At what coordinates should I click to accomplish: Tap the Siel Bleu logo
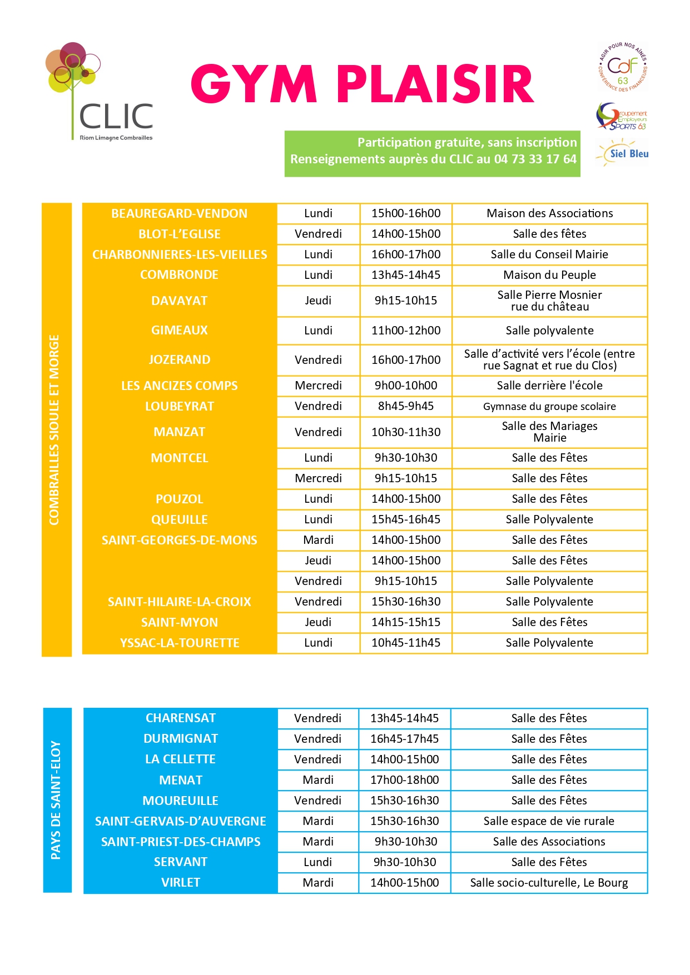click(x=622, y=153)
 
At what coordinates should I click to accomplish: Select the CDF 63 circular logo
click(x=623, y=67)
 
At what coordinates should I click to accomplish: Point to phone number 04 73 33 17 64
click(x=535, y=159)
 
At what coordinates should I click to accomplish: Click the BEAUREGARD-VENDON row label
click(x=179, y=213)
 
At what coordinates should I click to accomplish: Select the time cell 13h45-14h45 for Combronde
click(x=406, y=275)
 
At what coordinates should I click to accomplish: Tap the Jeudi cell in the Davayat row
click(x=318, y=301)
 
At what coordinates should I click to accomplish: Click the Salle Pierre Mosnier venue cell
click(x=549, y=301)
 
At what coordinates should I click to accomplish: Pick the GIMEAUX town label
click(x=179, y=331)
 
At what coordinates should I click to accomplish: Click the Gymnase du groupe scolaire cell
click(x=549, y=406)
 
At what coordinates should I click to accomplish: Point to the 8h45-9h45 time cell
click(x=406, y=406)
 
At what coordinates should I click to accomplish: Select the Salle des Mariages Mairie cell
click(x=549, y=432)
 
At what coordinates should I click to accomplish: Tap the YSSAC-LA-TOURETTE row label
click(x=179, y=643)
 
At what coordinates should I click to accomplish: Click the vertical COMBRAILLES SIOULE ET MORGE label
click(x=54, y=429)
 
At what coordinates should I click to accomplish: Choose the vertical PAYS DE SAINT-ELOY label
click(x=56, y=800)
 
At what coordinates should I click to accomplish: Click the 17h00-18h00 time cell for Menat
click(x=405, y=780)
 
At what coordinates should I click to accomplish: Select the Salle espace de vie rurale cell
click(x=549, y=821)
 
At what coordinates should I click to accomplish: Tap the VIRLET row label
click(x=181, y=883)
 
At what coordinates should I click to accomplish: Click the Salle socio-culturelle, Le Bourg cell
click(x=549, y=883)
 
